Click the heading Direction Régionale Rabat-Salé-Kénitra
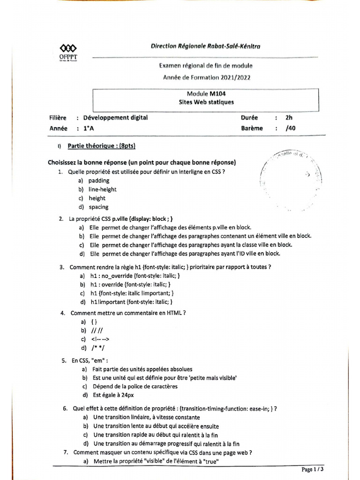(x=205, y=46)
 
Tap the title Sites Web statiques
(x=206, y=102)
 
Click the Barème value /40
(x=291, y=128)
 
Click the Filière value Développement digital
(x=115, y=118)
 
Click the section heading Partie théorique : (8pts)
(x=101, y=146)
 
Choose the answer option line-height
(x=102, y=189)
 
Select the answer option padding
(x=98, y=180)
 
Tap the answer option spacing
(x=98, y=207)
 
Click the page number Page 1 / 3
(x=312, y=469)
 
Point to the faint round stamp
(x=291, y=178)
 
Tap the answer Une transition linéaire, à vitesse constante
(x=146, y=417)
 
